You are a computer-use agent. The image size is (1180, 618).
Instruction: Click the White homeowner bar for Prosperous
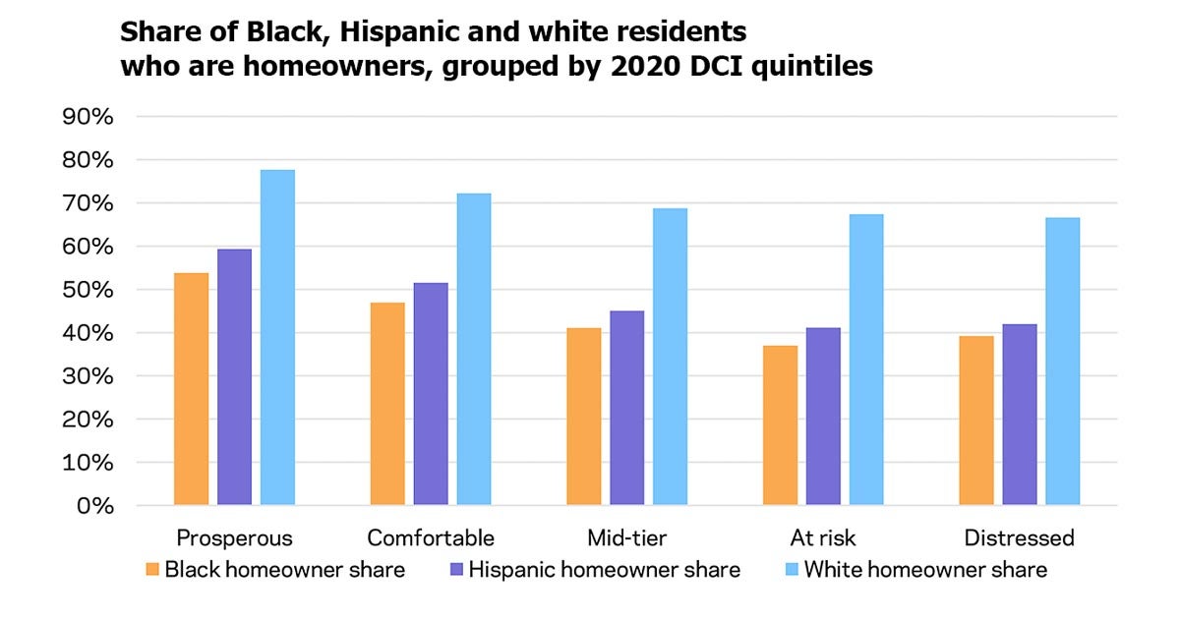point(277,338)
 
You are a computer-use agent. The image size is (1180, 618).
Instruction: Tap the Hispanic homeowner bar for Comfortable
point(431,394)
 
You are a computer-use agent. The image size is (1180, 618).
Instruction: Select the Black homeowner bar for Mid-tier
point(584,417)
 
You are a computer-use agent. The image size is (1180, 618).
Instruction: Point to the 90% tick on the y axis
point(88,117)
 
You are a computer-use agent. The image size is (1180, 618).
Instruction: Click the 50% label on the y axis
point(88,290)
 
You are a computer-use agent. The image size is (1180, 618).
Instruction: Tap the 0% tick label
point(94,506)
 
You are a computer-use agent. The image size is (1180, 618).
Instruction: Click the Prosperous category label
point(234,538)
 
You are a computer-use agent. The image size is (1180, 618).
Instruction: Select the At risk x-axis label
point(822,538)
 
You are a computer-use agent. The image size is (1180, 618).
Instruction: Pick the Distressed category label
point(1019,538)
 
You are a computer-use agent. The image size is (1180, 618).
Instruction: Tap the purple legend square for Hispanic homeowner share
point(454,570)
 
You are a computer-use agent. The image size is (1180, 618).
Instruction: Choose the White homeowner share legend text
point(925,570)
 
